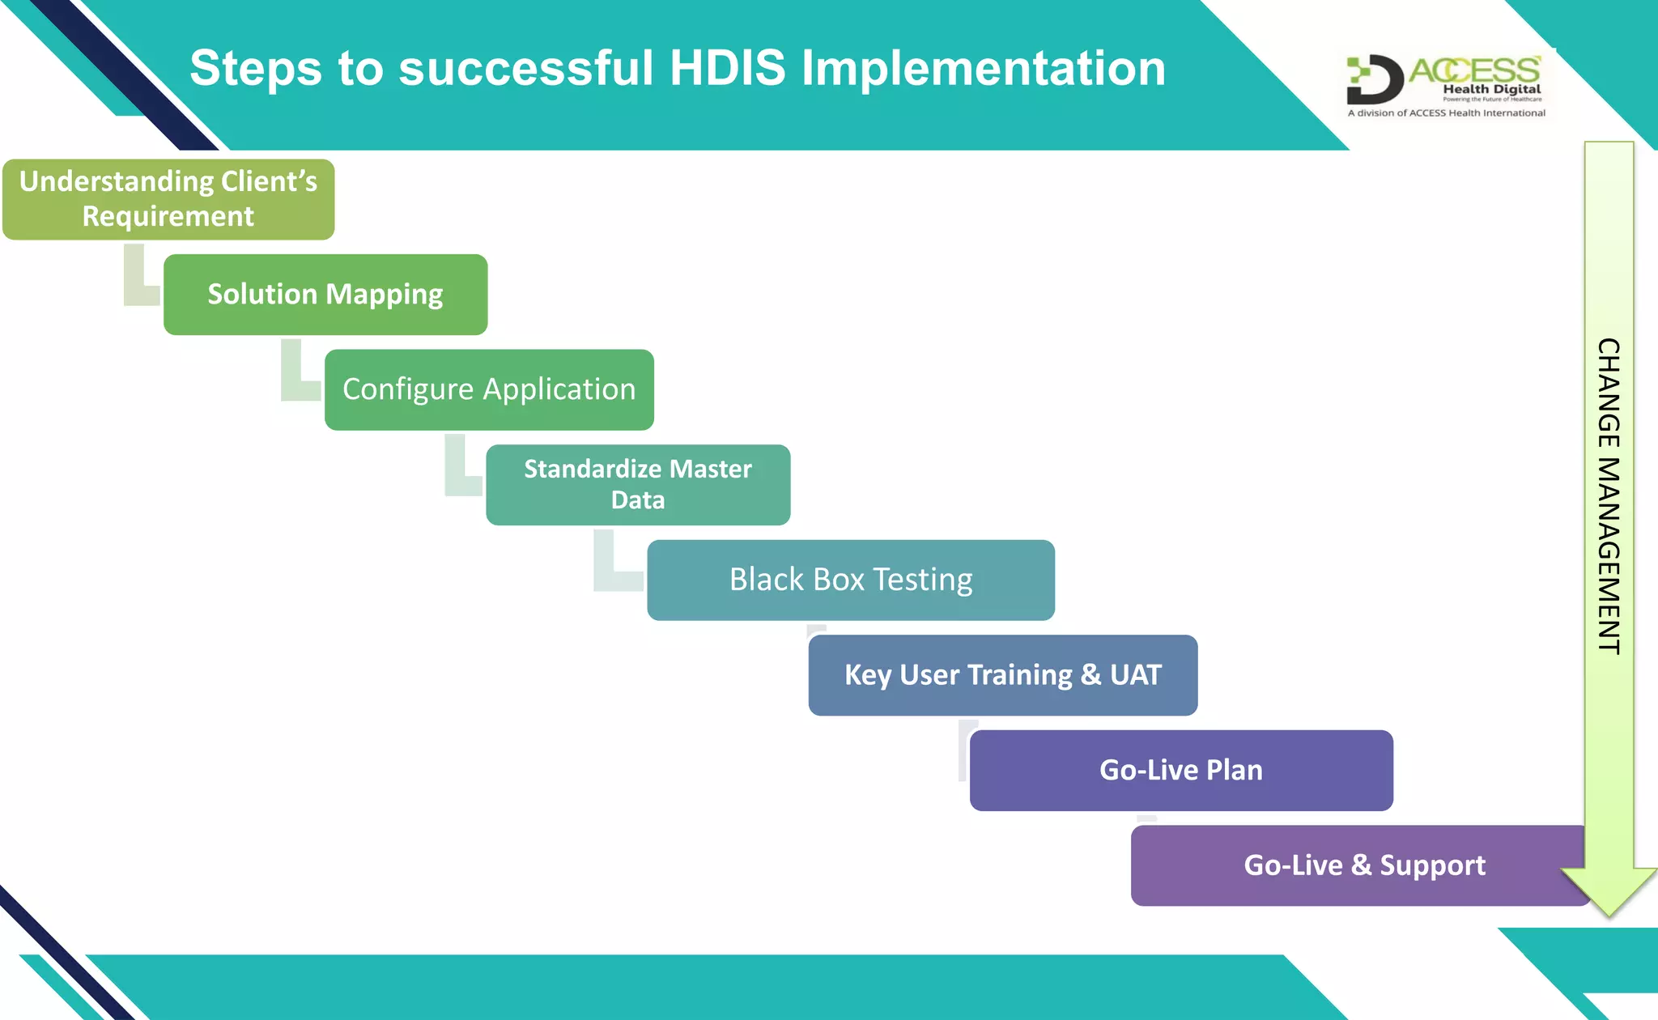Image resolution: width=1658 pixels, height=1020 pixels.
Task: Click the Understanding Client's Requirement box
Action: click(168, 199)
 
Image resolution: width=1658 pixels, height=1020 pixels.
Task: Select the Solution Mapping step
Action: click(325, 295)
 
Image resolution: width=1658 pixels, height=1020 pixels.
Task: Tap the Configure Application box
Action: click(489, 389)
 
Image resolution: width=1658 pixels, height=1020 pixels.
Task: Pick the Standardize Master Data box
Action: click(638, 485)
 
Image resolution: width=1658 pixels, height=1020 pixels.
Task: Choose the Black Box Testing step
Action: click(850, 580)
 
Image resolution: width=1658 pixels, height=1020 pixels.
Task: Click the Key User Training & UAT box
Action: click(1002, 675)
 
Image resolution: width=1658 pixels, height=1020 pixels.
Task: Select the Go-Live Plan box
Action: click(1180, 771)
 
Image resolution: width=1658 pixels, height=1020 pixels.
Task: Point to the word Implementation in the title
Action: click(983, 68)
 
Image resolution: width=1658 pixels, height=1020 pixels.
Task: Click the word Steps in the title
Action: click(256, 68)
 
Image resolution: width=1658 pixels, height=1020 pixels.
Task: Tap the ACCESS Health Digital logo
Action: click(1446, 81)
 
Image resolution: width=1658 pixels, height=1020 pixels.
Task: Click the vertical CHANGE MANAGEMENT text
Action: click(1609, 495)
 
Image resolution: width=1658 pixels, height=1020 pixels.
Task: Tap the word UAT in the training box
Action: click(1135, 675)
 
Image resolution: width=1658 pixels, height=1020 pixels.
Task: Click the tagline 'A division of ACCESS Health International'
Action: click(1446, 113)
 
